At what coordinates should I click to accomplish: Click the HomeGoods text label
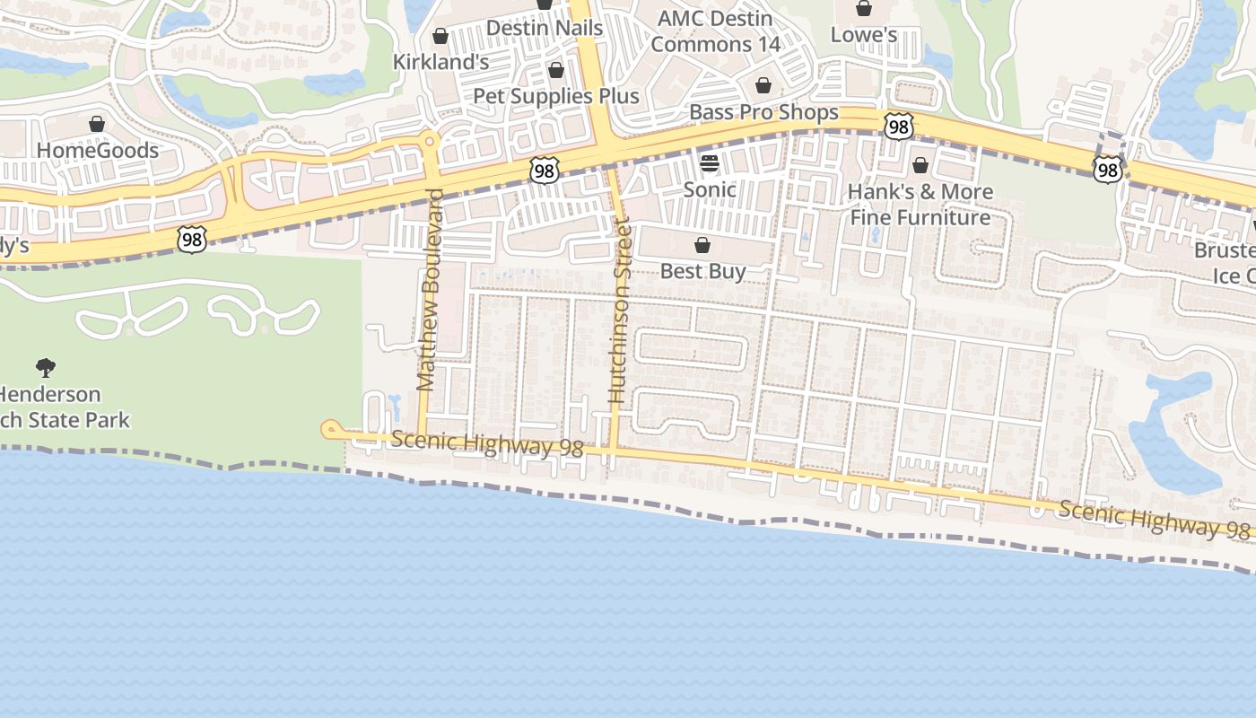(97, 150)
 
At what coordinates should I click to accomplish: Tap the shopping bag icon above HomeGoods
(97, 124)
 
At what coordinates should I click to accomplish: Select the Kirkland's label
(440, 62)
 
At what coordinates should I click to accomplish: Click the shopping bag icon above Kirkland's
(440, 36)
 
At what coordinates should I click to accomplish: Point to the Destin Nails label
(545, 28)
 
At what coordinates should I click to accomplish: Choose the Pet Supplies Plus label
(555, 96)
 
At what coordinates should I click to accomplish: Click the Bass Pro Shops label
(763, 112)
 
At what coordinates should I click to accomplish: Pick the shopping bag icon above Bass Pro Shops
(763, 85)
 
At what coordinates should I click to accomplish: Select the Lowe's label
(864, 35)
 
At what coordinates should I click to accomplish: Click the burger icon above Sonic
(710, 162)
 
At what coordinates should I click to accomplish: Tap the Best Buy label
(702, 271)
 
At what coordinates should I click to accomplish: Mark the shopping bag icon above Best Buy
(702, 245)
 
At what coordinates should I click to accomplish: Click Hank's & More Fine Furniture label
(920, 205)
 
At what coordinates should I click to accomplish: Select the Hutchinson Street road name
(619, 310)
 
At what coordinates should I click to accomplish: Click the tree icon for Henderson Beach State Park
(46, 367)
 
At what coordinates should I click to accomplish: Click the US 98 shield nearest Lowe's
(897, 127)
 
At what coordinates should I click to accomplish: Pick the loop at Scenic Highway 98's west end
(331, 431)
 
